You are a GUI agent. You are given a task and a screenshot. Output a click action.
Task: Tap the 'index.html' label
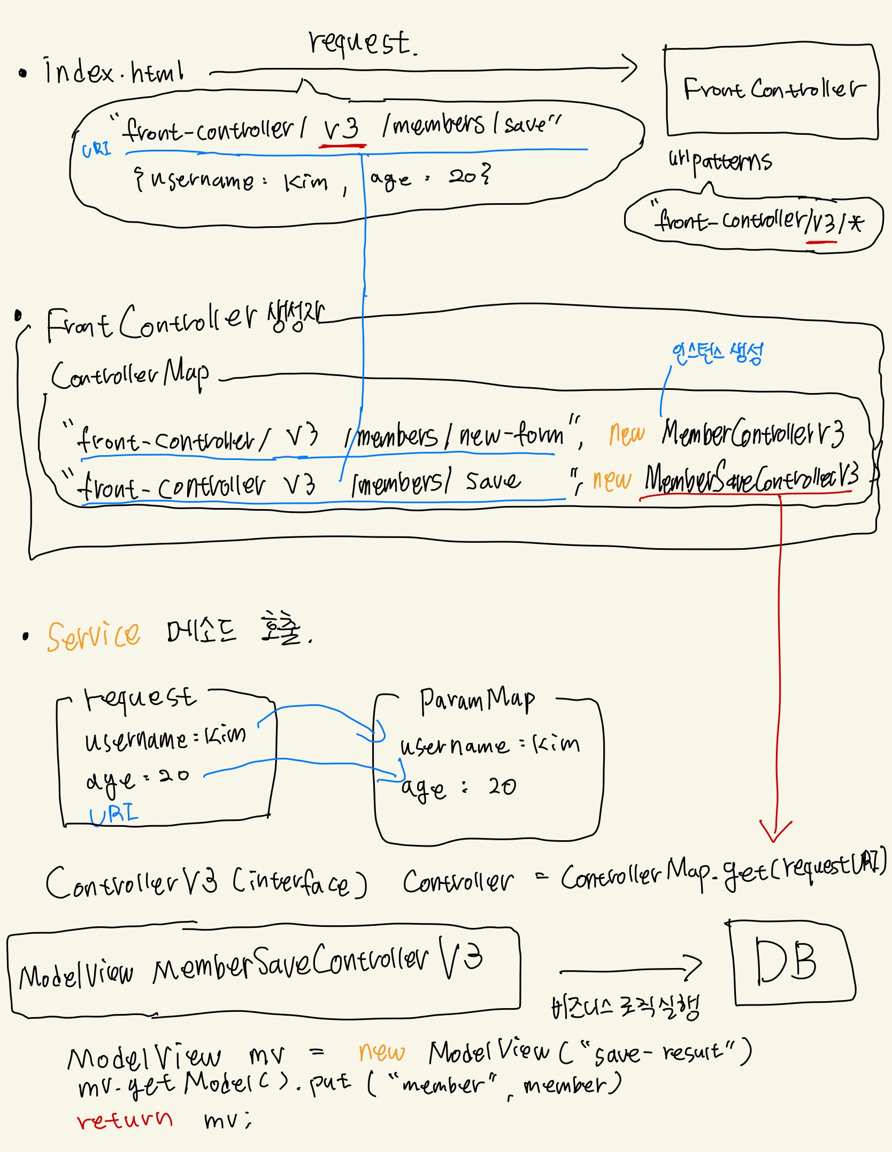(114, 72)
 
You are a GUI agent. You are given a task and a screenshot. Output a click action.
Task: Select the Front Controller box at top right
(771, 91)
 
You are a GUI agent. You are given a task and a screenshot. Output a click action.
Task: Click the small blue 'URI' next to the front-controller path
(96, 149)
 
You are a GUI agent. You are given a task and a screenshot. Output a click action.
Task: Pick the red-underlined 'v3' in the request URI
(342, 129)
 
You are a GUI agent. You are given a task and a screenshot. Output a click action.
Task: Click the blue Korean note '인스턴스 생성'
(717, 354)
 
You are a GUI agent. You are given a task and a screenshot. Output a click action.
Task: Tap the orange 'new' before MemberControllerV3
(626, 434)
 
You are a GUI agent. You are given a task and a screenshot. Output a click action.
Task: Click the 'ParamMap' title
(476, 700)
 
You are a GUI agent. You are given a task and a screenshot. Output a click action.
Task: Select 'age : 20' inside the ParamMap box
(458, 788)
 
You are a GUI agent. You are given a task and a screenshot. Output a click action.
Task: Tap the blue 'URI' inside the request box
(113, 815)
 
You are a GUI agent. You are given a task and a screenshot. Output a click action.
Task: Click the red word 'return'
(125, 1119)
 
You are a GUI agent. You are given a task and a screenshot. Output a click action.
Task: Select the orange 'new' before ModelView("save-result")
(381, 1052)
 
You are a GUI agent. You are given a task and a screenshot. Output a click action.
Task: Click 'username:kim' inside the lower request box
(165, 739)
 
